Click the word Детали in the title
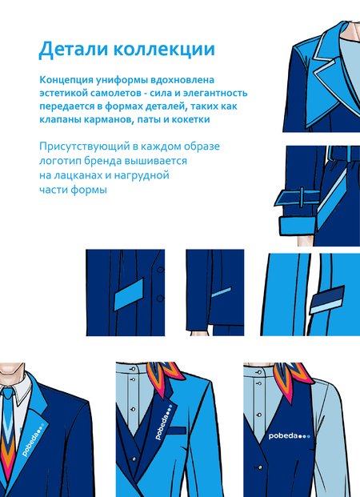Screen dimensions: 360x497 [x=74, y=50]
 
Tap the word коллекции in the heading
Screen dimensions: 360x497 [x=164, y=50]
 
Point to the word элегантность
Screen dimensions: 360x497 [x=215, y=93]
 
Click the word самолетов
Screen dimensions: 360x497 [x=116, y=93]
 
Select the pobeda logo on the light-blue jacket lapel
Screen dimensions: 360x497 [x=163, y=423]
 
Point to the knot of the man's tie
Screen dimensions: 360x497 [x=8, y=393]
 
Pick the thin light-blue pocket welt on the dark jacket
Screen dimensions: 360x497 [x=221, y=292]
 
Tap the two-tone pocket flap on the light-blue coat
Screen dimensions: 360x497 [x=326, y=299]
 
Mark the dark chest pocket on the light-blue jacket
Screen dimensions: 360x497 [x=177, y=431]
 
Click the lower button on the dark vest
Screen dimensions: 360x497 [x=260, y=467]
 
